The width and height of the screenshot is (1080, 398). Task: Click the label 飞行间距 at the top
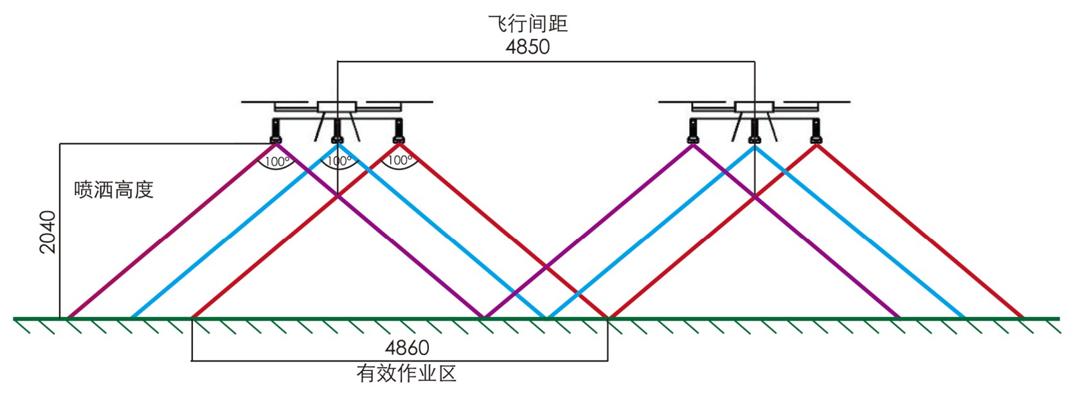tap(528, 24)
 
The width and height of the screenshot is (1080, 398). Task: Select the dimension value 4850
tap(528, 47)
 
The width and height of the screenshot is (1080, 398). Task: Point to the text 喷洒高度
tap(114, 190)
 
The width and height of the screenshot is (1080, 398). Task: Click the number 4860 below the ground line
tap(407, 348)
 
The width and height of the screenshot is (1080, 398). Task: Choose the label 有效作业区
tap(406, 374)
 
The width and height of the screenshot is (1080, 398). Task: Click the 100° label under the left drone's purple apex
tap(277, 162)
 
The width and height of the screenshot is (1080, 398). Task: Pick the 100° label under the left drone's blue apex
tap(339, 160)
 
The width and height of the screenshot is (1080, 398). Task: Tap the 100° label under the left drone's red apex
tap(400, 160)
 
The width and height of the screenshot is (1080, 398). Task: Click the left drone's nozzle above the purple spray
tap(276, 136)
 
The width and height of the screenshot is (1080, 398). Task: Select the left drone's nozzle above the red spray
tap(399, 136)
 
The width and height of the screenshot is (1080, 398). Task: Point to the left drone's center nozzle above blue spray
tap(337, 136)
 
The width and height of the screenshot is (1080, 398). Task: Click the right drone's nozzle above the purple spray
tap(693, 136)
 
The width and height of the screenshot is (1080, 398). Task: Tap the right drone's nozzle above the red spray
tap(816, 136)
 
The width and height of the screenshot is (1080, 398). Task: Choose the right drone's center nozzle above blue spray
tap(755, 136)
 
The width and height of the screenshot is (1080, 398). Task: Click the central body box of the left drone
tap(337, 107)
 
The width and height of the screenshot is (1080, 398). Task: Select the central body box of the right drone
tap(755, 107)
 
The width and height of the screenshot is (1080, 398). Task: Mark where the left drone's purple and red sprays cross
tap(338, 196)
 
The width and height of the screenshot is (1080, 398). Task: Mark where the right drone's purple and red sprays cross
tap(755, 198)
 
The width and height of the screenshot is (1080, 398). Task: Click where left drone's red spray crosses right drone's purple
tap(546, 266)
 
